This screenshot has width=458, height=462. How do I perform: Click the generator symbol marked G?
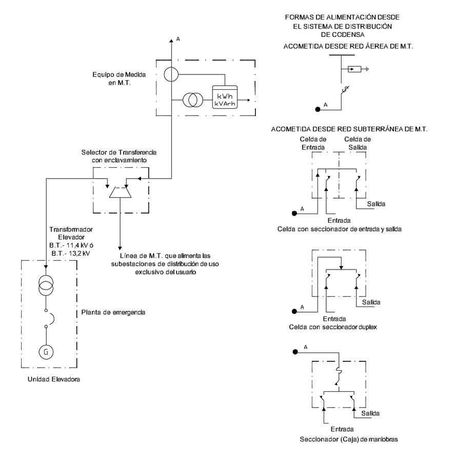coord(46,352)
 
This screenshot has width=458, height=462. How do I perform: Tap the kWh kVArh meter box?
coord(225,97)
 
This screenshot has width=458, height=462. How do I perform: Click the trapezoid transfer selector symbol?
coord(120,192)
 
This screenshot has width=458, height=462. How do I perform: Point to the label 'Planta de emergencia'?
coord(113,312)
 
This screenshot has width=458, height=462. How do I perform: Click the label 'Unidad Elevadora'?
coord(54,379)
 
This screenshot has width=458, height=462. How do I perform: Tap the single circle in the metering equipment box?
coord(171,74)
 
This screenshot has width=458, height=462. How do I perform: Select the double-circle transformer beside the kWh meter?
coord(193,100)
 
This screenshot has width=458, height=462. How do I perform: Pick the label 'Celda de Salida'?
coord(357,143)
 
